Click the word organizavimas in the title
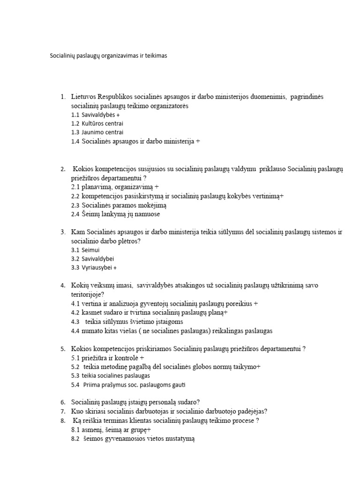point(118,55)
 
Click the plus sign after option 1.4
point(198,141)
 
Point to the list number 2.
point(63,169)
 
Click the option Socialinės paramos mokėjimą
point(119,205)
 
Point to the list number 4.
point(63,285)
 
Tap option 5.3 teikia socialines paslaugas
point(111,375)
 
